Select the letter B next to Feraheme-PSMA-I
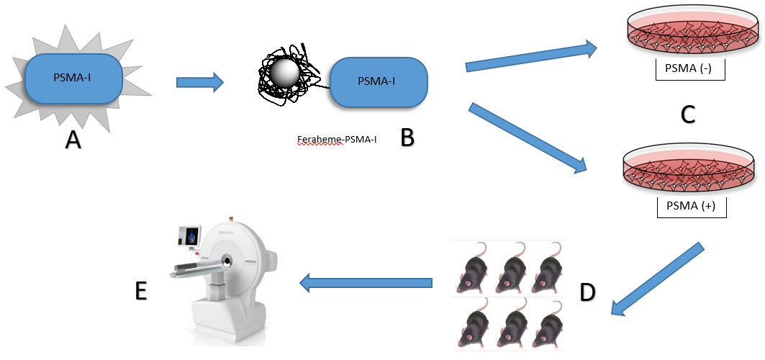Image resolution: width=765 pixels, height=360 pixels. pyautogui.click(x=407, y=137)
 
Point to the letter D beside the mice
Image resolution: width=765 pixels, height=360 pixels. pyautogui.click(x=587, y=292)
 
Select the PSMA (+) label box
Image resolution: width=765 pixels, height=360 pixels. pyautogui.click(x=690, y=207)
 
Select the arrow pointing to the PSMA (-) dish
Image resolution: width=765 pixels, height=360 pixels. pyautogui.click(x=532, y=57)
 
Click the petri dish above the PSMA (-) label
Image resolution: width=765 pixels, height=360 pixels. pyautogui.click(x=689, y=35)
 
